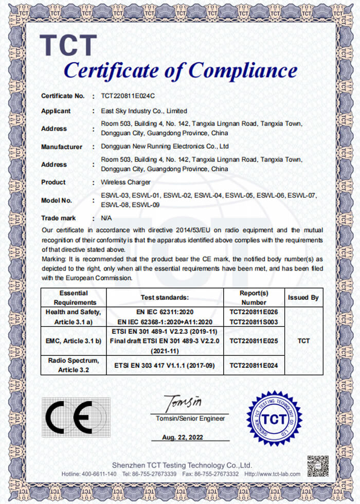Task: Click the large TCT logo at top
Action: pyautogui.click(x=68, y=45)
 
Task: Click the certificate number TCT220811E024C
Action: pyautogui.click(x=128, y=96)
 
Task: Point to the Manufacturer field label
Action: pyautogui.click(x=62, y=147)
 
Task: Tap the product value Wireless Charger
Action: pyautogui.click(x=126, y=182)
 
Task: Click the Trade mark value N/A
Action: pyautogui.click(x=106, y=218)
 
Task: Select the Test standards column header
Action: pyautogui.click(x=165, y=297)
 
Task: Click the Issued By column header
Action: pyautogui.click(x=303, y=297)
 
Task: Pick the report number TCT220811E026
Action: pyautogui.click(x=254, y=312)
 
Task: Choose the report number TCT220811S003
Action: pyautogui.click(x=254, y=321)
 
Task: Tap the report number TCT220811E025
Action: pyautogui.click(x=254, y=340)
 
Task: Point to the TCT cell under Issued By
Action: pyautogui.click(x=303, y=340)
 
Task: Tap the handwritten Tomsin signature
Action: pyautogui.click(x=183, y=401)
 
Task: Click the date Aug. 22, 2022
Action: pyautogui.click(x=183, y=437)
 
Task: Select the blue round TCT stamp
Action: pyautogui.click(x=274, y=418)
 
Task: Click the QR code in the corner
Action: pyautogui.click(x=317, y=465)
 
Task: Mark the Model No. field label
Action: pyautogui.click(x=57, y=200)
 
